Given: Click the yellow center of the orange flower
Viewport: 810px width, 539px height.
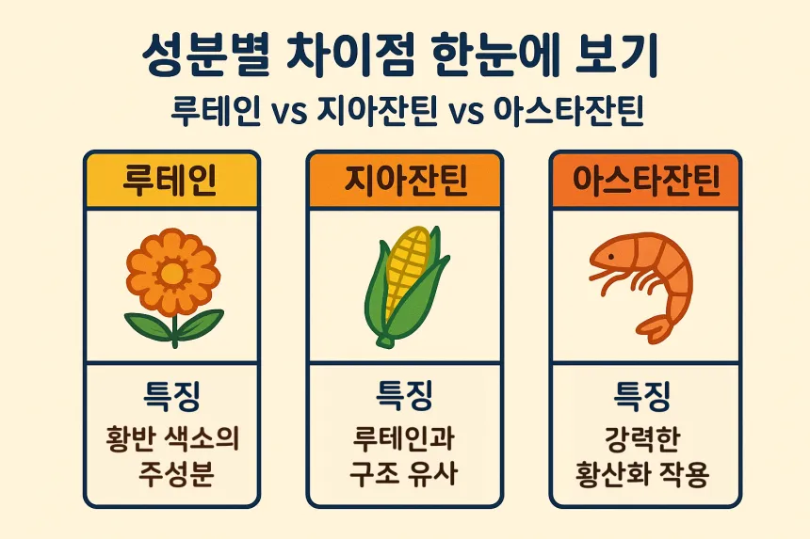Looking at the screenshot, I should click(x=173, y=273).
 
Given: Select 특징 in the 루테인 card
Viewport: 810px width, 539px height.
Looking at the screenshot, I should click(x=170, y=395).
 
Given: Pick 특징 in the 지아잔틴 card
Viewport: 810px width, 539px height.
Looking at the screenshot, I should click(x=406, y=395).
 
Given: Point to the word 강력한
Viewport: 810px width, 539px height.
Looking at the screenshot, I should click(x=643, y=438).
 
